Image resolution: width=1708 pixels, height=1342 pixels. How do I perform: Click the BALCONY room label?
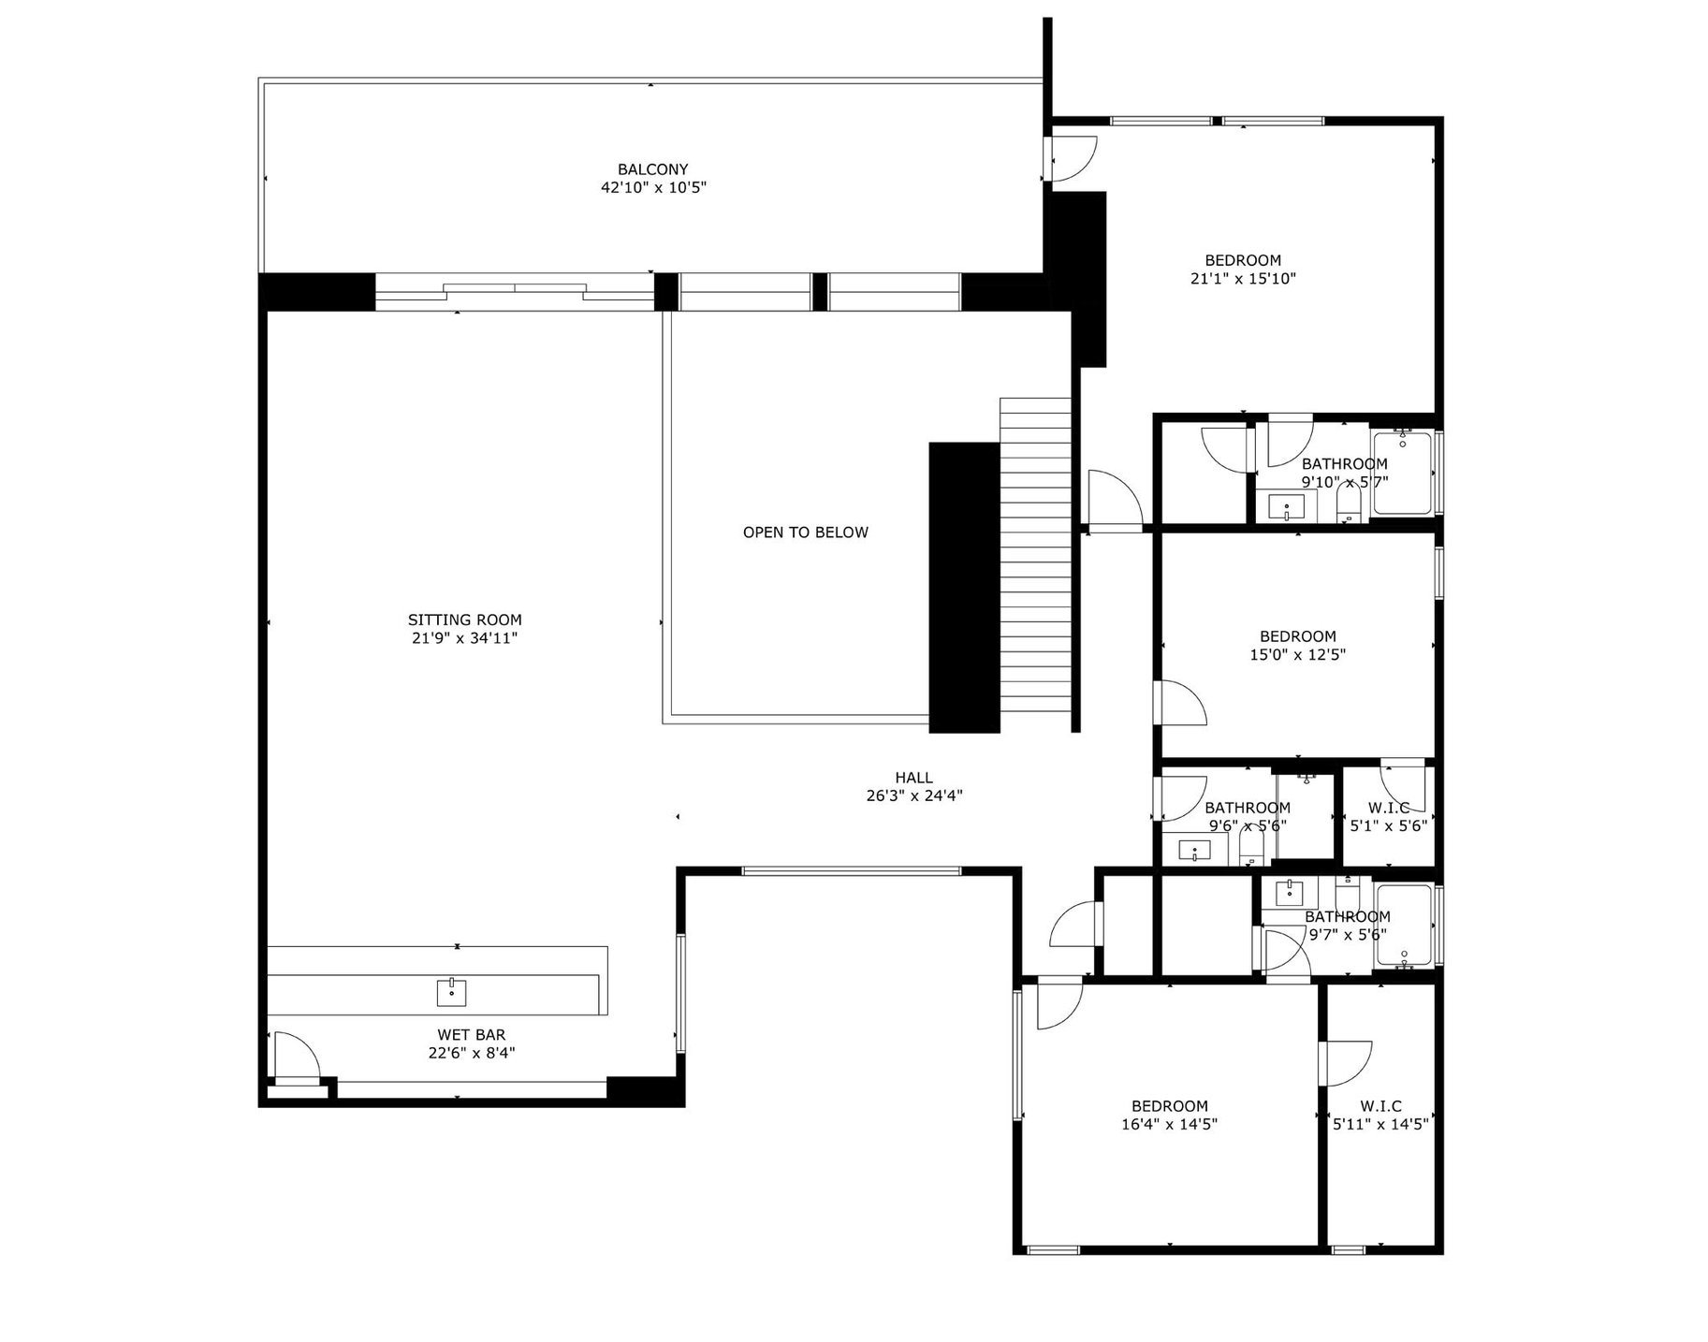click(652, 169)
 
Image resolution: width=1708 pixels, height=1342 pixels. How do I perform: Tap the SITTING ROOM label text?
click(464, 620)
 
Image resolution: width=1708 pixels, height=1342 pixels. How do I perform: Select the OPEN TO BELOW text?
click(805, 532)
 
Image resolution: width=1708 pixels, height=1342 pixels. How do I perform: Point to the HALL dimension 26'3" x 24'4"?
click(913, 796)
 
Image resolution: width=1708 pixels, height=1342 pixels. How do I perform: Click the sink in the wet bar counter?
click(451, 992)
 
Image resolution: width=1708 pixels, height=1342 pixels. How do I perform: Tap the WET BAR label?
click(471, 1035)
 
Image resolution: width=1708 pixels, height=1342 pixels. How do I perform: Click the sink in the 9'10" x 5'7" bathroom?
click(1286, 508)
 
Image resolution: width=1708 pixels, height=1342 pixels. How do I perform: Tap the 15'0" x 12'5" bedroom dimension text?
click(1297, 655)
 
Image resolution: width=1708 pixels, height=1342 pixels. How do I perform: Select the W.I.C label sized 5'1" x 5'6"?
click(1388, 808)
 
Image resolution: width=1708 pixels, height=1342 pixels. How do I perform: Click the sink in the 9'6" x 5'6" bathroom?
click(1194, 851)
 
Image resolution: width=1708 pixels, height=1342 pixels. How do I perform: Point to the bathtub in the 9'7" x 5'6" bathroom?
click(1403, 925)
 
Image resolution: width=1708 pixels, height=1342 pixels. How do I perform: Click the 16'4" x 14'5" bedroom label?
click(1169, 1106)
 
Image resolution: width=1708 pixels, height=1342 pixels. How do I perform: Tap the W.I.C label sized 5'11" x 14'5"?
click(1380, 1106)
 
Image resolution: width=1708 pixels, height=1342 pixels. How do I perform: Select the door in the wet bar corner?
click(295, 1055)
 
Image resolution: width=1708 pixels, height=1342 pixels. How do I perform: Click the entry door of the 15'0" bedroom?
click(1181, 703)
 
